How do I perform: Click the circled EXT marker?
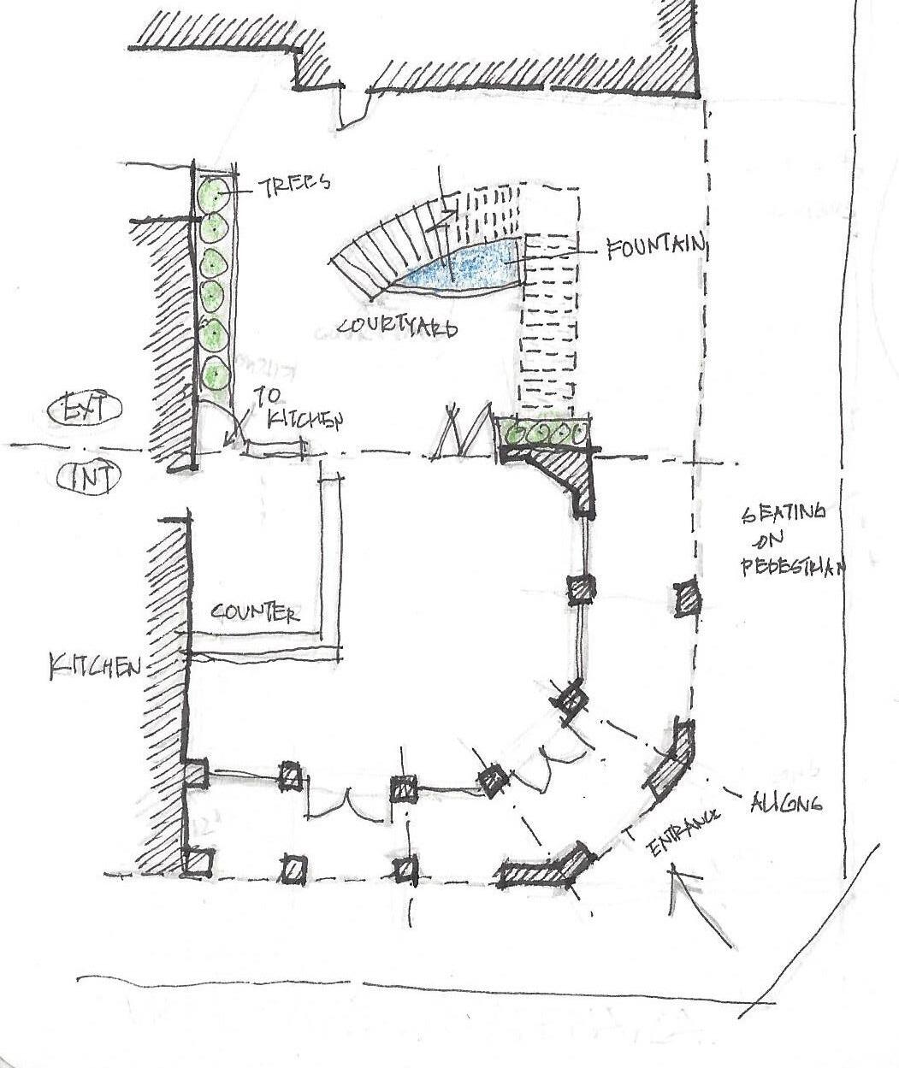tap(84, 410)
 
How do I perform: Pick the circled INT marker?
tap(88, 477)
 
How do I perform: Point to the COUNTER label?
tap(255, 612)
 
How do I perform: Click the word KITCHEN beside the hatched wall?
tap(94, 666)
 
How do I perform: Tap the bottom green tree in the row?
tap(215, 375)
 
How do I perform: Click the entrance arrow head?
tap(676, 871)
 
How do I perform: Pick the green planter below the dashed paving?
tap(545, 433)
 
